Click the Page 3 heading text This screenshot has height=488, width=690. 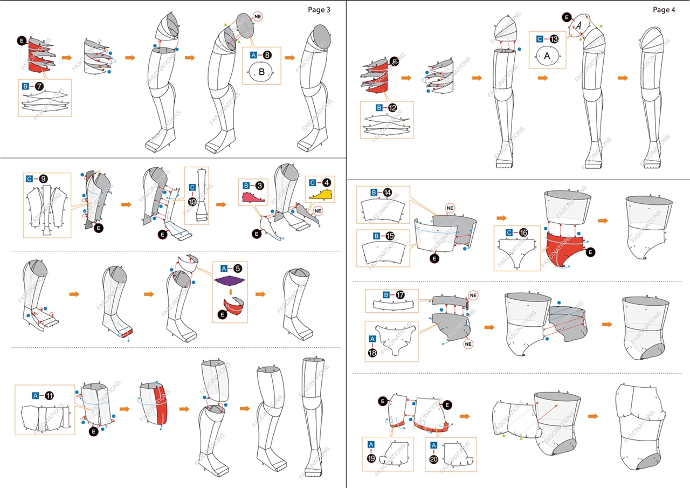click(x=319, y=9)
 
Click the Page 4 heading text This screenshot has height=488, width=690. click(x=663, y=9)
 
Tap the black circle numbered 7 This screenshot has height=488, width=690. click(x=39, y=86)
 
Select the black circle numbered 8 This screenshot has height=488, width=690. click(x=267, y=54)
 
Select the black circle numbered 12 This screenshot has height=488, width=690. click(x=392, y=108)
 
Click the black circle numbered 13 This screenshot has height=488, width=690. click(x=554, y=39)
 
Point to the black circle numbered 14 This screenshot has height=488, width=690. click(x=388, y=192)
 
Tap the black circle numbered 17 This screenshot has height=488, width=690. click(x=400, y=295)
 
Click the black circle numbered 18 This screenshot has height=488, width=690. click(x=372, y=353)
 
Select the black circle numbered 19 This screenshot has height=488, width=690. click(x=371, y=458)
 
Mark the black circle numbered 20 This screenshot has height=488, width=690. click(x=434, y=458)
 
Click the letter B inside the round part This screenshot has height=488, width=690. click(x=262, y=72)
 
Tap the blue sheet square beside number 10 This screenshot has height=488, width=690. click(x=192, y=187)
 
